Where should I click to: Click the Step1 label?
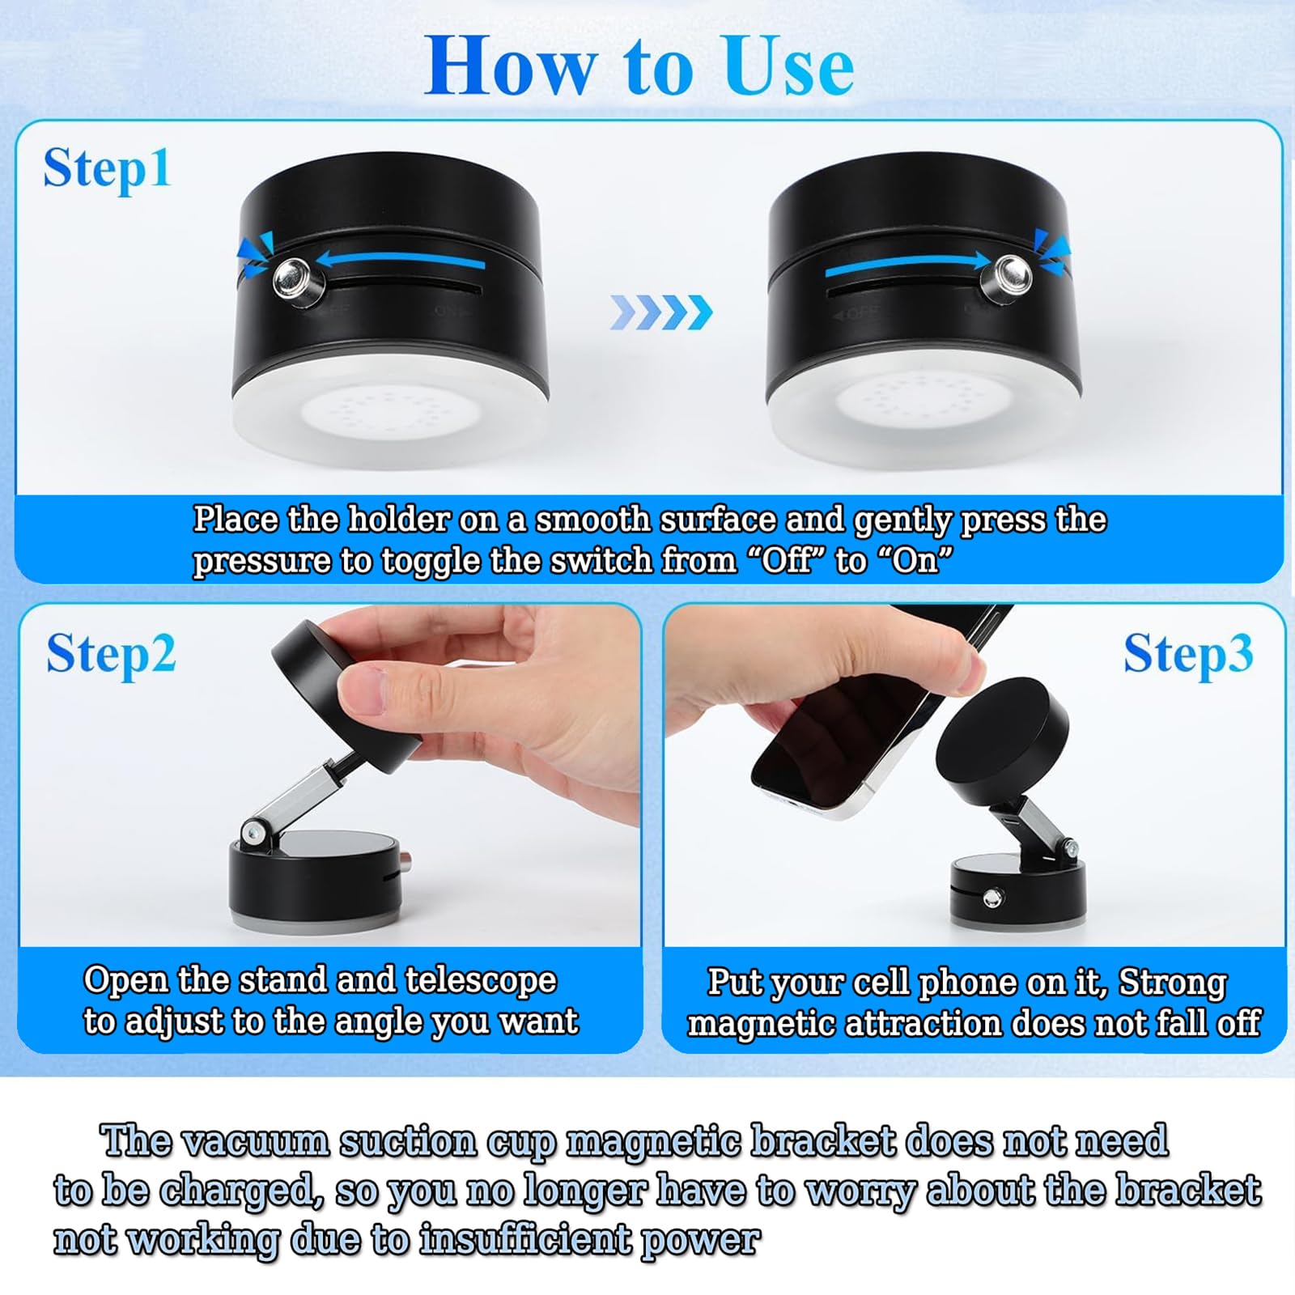pyautogui.click(x=107, y=169)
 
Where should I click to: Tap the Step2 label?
pyautogui.click(x=111, y=655)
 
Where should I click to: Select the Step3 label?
pyautogui.click(x=1188, y=655)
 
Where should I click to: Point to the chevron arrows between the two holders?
pyautogui.click(x=661, y=312)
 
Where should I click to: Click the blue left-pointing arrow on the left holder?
pyautogui.click(x=400, y=260)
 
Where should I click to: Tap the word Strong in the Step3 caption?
pyautogui.click(x=1173, y=983)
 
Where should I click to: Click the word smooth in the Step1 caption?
pyautogui.click(x=592, y=520)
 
